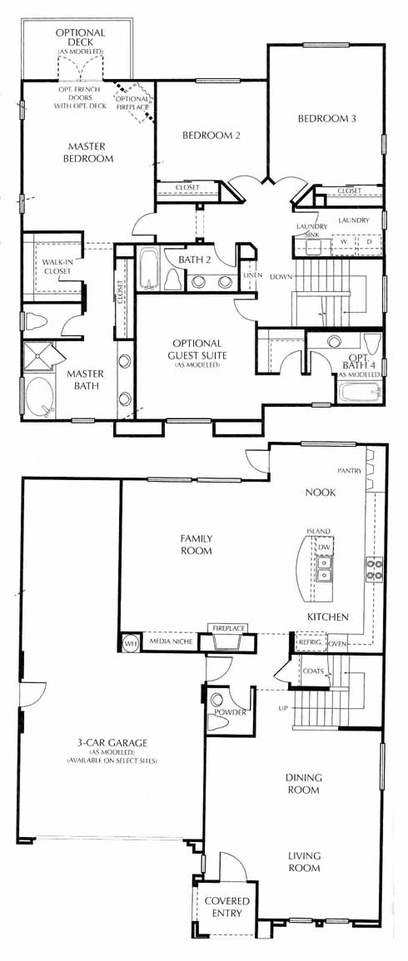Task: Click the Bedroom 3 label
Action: pos(327,119)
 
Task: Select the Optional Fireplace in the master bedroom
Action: pos(134,102)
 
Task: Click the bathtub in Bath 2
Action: pos(149,267)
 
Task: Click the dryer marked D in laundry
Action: pos(370,242)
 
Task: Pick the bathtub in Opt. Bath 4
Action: pos(359,390)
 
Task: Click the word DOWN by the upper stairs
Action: pos(280,275)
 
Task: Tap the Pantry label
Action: pos(351,471)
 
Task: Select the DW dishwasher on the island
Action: pos(323,546)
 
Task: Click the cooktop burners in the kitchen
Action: pos(374,568)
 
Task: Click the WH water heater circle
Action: pos(130,643)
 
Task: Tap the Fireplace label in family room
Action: pos(229,628)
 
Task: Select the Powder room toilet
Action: pos(218,718)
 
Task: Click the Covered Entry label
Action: pos(227,907)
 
